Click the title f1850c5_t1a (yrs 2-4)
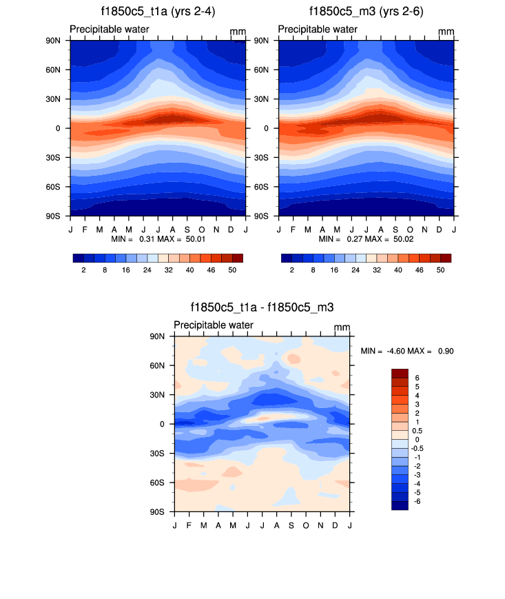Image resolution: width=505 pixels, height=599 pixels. tap(157, 11)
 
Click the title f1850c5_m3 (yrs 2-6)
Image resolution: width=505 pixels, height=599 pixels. tap(366, 11)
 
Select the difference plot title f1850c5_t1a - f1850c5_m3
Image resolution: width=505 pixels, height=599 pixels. tap(262, 307)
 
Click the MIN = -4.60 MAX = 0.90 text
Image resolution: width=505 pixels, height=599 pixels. tap(406, 351)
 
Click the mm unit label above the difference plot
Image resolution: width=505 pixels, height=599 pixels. tap(342, 327)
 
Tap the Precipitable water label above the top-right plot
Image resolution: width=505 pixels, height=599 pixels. tap(318, 29)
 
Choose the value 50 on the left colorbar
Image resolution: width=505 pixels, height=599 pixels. tap(232, 271)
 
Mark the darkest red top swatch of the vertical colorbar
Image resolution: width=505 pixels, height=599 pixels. tap(400, 373)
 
